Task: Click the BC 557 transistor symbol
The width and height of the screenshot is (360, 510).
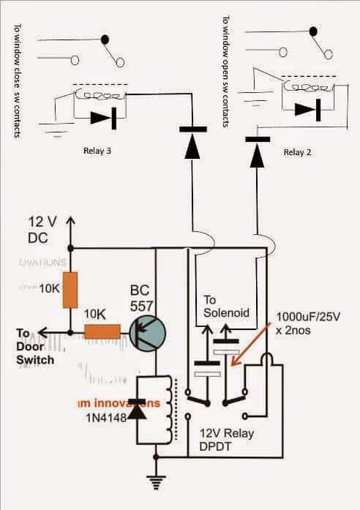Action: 146,332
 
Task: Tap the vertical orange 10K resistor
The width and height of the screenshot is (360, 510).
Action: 70,289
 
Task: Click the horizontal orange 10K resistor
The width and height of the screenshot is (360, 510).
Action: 102,332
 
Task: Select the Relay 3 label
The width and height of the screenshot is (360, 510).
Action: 100,152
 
